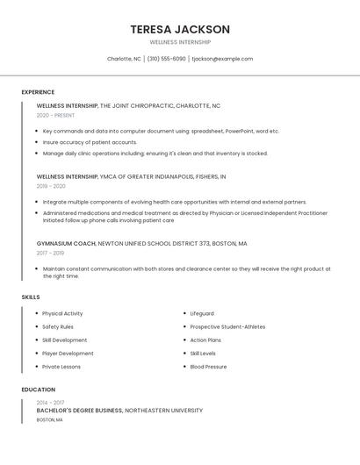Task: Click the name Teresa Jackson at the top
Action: tap(179, 29)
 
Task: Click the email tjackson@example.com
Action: tap(222, 59)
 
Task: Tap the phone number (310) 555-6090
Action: tap(167, 59)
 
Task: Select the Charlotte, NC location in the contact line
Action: tap(124, 59)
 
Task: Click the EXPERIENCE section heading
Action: tap(38, 92)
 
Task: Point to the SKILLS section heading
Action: tap(31, 297)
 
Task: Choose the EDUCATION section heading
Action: tap(39, 390)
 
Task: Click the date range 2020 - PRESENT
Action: tap(55, 115)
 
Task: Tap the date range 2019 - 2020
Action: tap(51, 186)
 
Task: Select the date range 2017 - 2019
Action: tap(50, 253)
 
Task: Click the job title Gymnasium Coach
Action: tap(66, 243)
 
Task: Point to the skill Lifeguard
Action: tap(202, 313)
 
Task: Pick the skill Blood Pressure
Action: tap(208, 367)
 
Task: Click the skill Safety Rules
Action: tap(58, 326)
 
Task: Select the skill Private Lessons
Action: tap(61, 367)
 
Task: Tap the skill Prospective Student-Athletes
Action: tap(227, 326)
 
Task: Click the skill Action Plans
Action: tap(205, 340)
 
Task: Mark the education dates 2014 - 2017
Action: tap(50, 402)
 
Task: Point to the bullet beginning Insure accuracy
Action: tap(90, 142)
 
